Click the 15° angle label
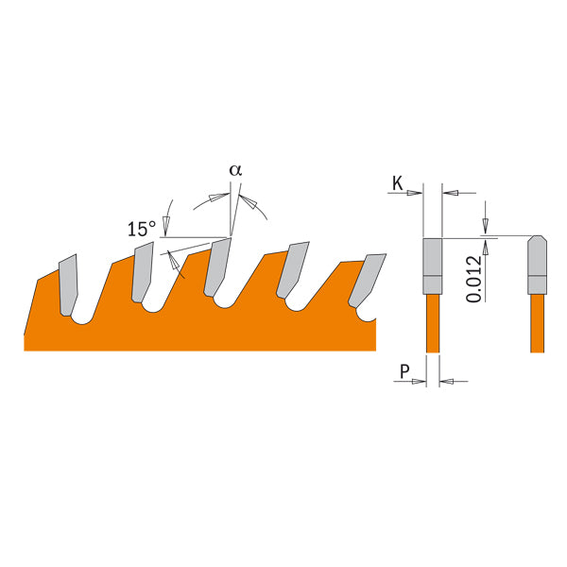pyautogui.click(x=141, y=229)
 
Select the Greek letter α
pyautogui.click(x=235, y=171)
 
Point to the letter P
pyautogui.click(x=404, y=372)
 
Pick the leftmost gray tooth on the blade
pyautogui.click(x=69, y=282)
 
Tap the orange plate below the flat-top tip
pyautogui.click(x=432, y=321)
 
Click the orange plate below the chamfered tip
pyautogui.click(x=536, y=321)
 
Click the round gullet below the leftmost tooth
pyautogui.click(x=82, y=318)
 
